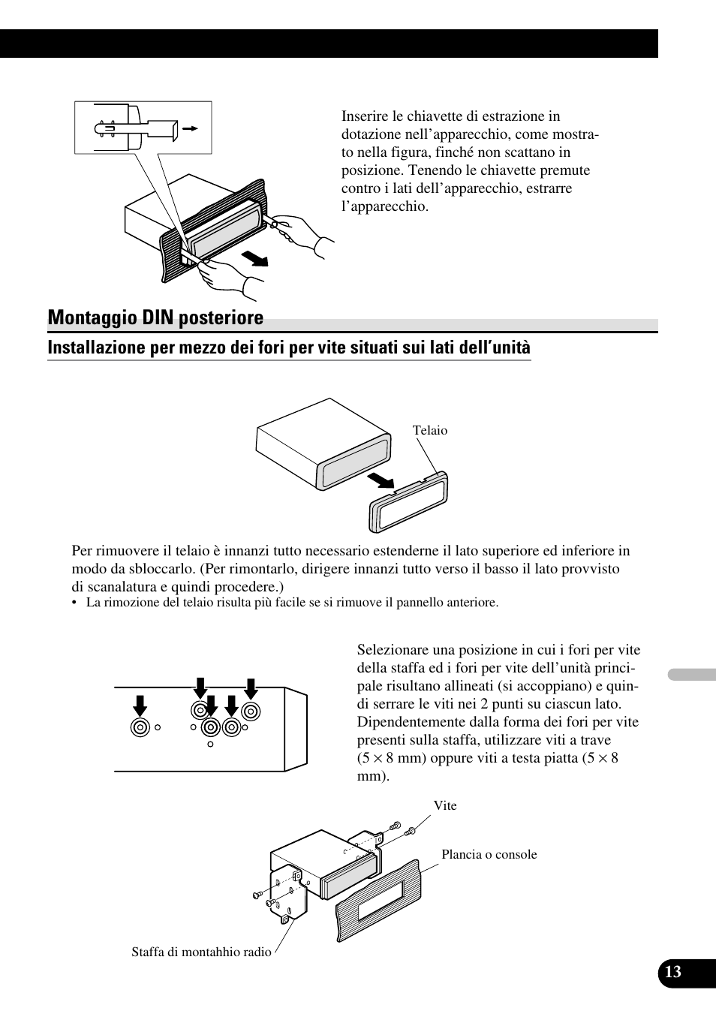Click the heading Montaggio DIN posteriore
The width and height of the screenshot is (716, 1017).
click(x=155, y=318)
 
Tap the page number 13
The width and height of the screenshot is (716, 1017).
click(x=672, y=972)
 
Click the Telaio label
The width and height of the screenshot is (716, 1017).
click(x=430, y=430)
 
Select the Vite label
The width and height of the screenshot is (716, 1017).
click(x=445, y=805)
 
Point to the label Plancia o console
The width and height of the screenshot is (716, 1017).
click(x=489, y=854)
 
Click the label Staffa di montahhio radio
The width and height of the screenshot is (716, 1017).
click(x=201, y=952)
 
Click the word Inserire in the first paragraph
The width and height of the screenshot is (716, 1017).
click(x=365, y=116)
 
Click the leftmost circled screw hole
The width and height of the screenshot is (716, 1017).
click(x=140, y=727)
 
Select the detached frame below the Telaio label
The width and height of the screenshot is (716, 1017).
click(x=408, y=501)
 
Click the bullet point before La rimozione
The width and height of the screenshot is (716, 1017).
click(x=75, y=603)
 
